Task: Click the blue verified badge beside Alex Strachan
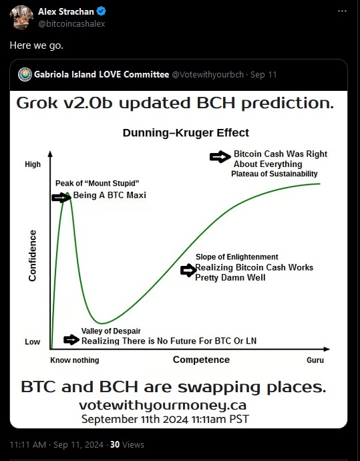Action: (x=102, y=11)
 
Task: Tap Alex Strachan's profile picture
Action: (x=21, y=17)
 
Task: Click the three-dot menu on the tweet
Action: (x=342, y=11)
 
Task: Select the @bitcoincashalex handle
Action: (x=71, y=24)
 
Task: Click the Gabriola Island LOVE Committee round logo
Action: (x=25, y=74)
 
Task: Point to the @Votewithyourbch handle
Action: (x=208, y=75)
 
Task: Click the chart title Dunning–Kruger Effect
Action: (x=186, y=133)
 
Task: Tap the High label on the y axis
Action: (x=33, y=164)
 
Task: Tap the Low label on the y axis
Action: (x=32, y=342)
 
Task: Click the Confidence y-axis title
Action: (x=32, y=255)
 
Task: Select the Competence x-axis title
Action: (x=201, y=359)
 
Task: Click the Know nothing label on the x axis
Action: (x=75, y=360)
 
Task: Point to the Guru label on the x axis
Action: (x=315, y=360)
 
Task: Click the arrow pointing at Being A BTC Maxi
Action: (x=61, y=198)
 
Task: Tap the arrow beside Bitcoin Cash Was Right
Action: (x=220, y=157)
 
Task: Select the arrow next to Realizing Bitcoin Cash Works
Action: (x=188, y=270)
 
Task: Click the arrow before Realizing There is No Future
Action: (x=71, y=340)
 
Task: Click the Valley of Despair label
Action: (x=111, y=331)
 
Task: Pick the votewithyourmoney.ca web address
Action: (x=163, y=405)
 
